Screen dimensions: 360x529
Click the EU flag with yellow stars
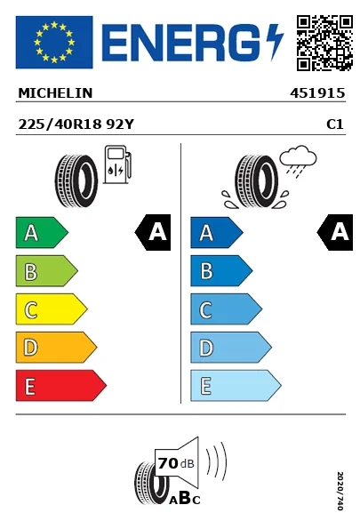pos(54,42)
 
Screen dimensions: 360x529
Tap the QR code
pos(324,43)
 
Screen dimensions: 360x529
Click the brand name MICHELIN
pos(55,93)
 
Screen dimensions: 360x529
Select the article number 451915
pos(317,93)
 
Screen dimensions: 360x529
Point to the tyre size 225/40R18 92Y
pos(76,124)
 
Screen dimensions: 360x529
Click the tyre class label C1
pos(335,124)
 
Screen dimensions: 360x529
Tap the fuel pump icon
pos(117,164)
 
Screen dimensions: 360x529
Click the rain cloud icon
pos(298,161)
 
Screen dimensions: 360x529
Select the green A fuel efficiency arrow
pos(42,232)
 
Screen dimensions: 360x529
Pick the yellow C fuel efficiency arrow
pos(52,309)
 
